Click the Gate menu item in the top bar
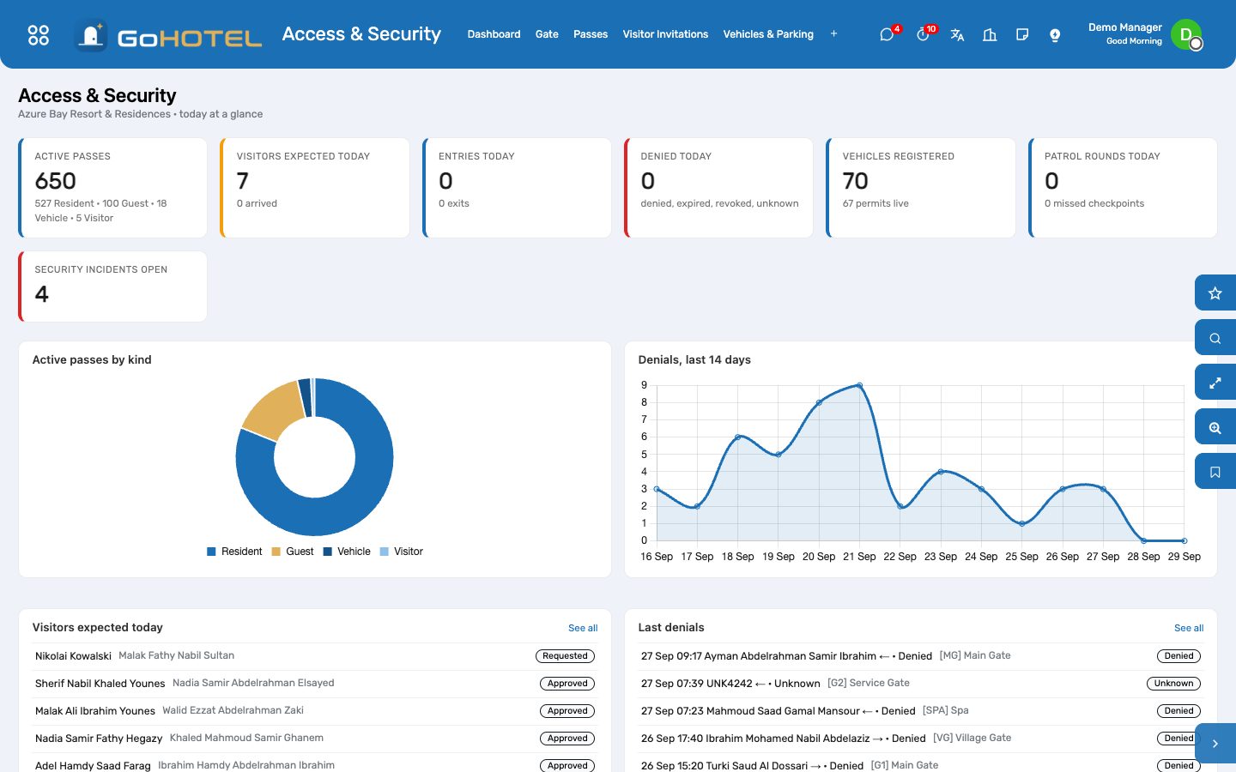pos(546,34)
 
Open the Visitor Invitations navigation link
pos(665,34)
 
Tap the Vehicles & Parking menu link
pos(768,34)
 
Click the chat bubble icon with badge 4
pos(886,34)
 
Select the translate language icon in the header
pos(957,34)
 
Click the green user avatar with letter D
pos(1185,34)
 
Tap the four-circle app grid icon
pos(39,34)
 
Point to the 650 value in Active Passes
pos(55,181)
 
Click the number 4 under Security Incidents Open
pos(41,294)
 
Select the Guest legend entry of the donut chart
pos(293,552)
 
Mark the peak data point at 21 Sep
pos(859,385)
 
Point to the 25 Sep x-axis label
pos(1021,557)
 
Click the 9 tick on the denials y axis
pos(644,385)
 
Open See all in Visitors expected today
pos(583,628)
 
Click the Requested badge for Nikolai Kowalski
pos(565,655)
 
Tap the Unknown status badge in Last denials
pos(1173,683)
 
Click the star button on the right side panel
pos(1215,293)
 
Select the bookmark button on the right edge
pos(1215,472)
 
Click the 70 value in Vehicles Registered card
pos(855,181)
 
